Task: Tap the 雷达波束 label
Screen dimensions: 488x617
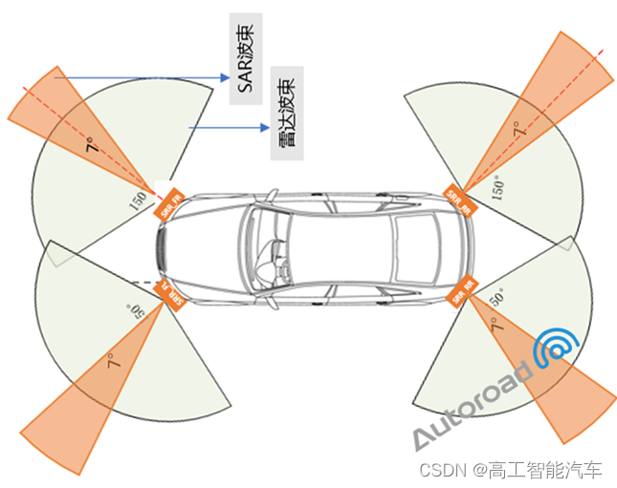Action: pyautogui.click(x=285, y=113)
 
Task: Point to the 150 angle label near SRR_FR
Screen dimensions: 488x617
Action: pyautogui.click(x=139, y=201)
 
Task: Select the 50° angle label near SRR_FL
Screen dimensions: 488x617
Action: pyautogui.click(x=134, y=308)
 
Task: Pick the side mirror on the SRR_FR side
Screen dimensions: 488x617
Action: pyautogui.click(x=271, y=196)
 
